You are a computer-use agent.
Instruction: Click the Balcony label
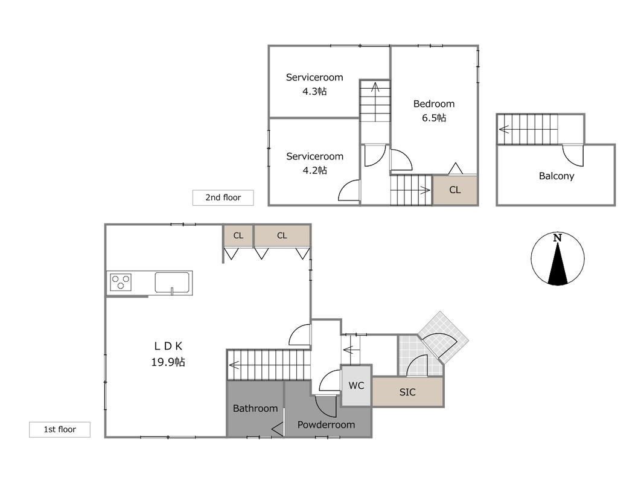pos(556,176)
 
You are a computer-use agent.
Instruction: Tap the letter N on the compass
pos(557,238)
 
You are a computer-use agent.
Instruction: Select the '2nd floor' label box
pos(223,197)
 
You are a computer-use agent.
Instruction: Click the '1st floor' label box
pos(60,430)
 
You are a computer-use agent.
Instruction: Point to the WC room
pos(357,386)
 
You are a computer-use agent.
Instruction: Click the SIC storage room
pos(407,392)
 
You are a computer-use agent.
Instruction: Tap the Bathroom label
pos(255,408)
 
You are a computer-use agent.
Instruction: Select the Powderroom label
pos(326,424)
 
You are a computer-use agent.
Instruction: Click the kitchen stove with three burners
pos(121,282)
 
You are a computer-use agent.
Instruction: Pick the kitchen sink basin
pos(172,283)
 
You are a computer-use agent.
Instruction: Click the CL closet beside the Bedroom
pos(455,190)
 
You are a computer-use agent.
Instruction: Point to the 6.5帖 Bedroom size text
pos(434,118)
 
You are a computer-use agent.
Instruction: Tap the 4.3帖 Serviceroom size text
pos(314,92)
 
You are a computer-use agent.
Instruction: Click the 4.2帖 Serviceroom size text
pos(314,170)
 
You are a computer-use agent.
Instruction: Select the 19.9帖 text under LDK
pos(168,362)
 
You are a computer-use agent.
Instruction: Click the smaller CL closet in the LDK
pos(238,235)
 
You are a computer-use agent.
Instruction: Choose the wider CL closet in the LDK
pos(282,235)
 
